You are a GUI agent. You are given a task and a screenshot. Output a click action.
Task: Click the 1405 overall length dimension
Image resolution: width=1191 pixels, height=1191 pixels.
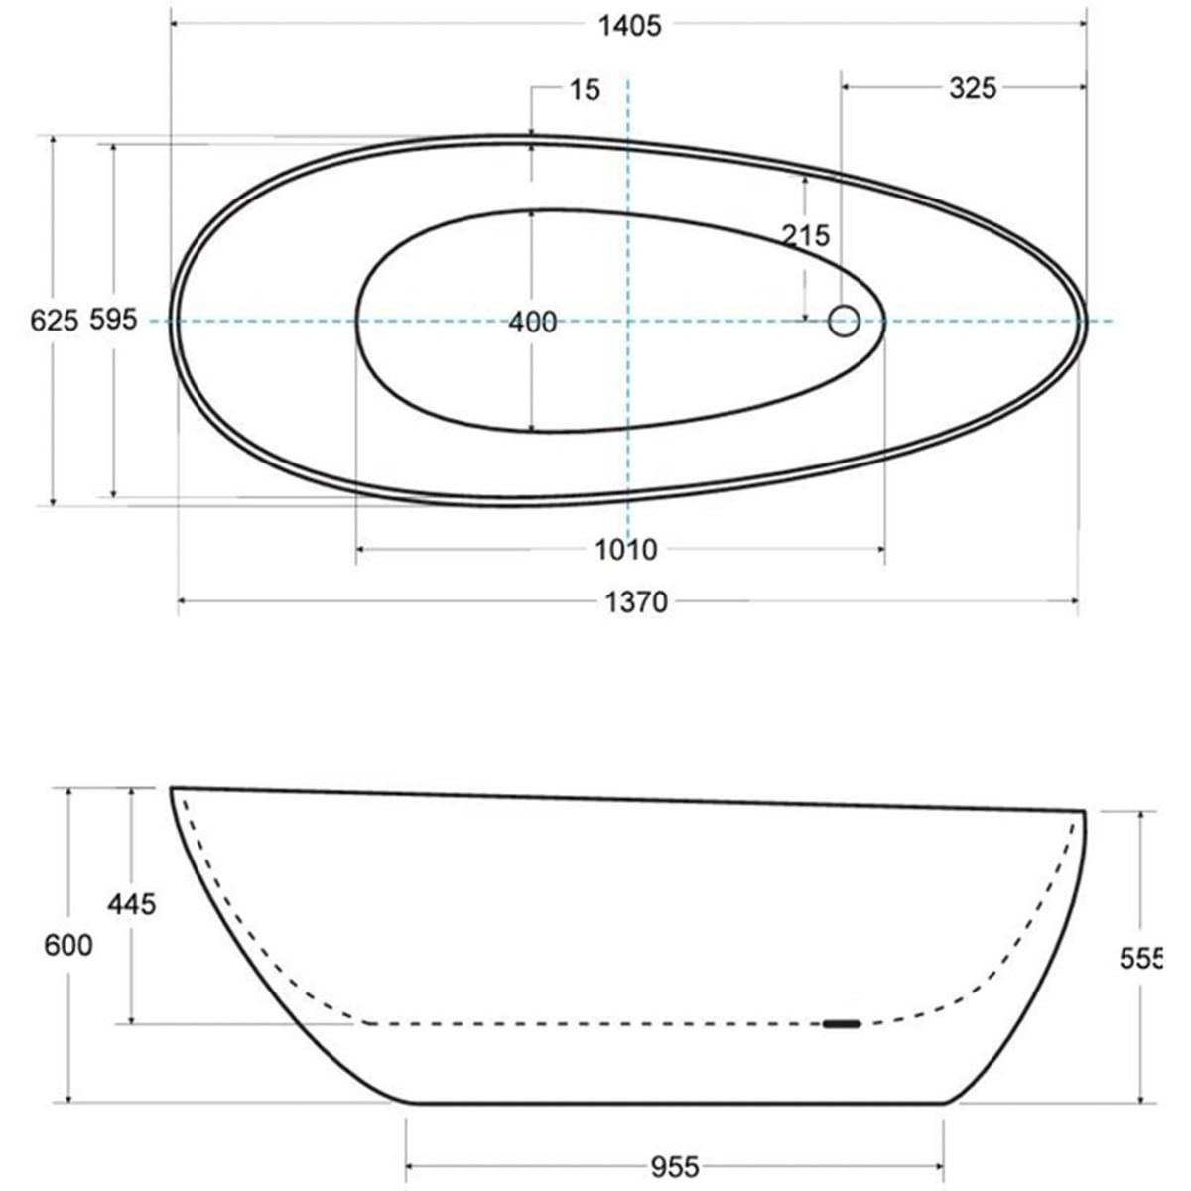click(630, 26)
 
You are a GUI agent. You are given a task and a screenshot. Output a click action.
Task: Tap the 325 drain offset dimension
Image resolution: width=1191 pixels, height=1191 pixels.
click(973, 89)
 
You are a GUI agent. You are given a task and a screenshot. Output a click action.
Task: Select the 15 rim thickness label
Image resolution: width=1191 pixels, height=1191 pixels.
click(584, 90)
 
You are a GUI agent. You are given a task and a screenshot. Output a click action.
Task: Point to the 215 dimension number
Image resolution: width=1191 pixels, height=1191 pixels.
click(805, 235)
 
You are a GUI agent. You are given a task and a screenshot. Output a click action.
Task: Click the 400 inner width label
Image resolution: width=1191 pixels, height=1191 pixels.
click(533, 322)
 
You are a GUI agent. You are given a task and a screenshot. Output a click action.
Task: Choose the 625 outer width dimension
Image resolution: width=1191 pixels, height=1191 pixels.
click(55, 321)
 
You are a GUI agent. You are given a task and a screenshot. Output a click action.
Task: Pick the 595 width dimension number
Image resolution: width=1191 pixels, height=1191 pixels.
click(113, 320)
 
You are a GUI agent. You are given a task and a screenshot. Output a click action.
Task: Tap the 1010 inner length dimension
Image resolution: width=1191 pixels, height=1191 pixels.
click(625, 550)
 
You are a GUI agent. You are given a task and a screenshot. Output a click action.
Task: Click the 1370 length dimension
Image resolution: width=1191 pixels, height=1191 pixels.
click(636, 602)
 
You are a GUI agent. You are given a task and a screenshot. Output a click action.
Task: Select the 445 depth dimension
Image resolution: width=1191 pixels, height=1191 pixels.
click(132, 905)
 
